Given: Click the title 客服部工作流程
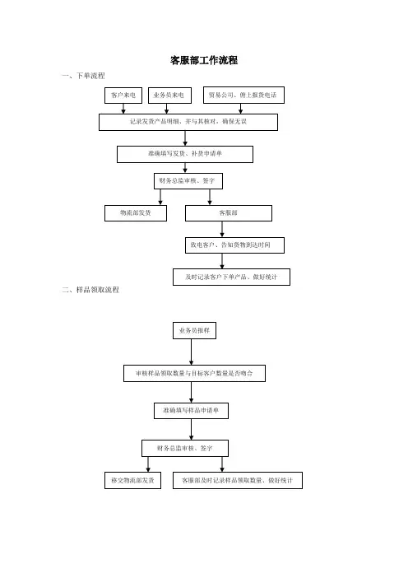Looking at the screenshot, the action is point(204,60).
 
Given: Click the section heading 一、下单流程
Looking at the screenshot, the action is point(84,76).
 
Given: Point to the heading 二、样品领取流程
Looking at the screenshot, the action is point(90,290).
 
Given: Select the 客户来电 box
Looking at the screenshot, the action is point(123,96).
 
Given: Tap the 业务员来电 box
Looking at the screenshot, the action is point(169,96).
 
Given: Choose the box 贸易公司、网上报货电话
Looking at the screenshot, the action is point(243,96).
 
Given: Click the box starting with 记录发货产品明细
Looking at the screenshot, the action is point(188,122).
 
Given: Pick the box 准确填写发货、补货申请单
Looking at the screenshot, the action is point(185,154).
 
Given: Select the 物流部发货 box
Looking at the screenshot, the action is point(136,213).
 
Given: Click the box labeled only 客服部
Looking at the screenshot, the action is point(229,213).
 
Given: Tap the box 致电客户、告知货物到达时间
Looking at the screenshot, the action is point(234,245).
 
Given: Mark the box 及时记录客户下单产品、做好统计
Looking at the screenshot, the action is point(231,277).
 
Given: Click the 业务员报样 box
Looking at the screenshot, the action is point(194,331).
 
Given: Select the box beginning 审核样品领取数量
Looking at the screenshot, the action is point(194,374).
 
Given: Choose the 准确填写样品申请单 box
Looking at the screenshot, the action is point(191,411).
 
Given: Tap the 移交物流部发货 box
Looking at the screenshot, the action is point(132,480).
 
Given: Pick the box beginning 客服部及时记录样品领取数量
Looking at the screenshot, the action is point(238,480).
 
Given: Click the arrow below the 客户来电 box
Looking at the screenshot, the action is point(123,109).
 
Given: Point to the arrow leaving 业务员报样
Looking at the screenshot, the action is point(191,352).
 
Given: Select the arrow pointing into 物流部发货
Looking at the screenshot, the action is point(160,198).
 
